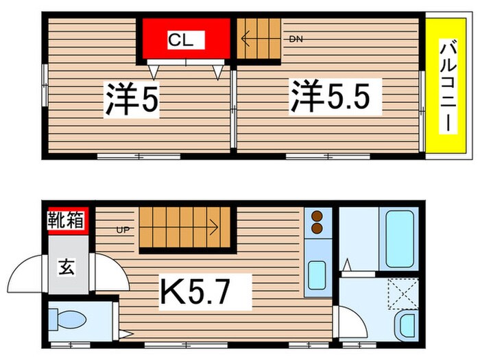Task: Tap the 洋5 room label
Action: pyautogui.click(x=132, y=99)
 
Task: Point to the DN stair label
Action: pyautogui.click(x=296, y=39)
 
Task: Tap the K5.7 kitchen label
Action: pyautogui.click(x=196, y=293)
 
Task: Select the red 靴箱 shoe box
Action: pyautogui.click(x=66, y=221)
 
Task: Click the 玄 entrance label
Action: pyautogui.click(x=67, y=265)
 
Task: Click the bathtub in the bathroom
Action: pyautogui.click(x=400, y=239)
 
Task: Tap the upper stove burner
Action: pyautogui.click(x=317, y=215)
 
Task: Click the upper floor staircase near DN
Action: pyautogui.click(x=259, y=39)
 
